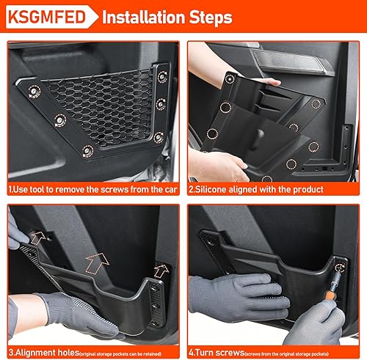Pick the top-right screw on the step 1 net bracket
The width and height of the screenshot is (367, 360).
click(159, 71)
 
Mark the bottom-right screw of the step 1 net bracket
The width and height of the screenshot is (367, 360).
click(159, 135)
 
